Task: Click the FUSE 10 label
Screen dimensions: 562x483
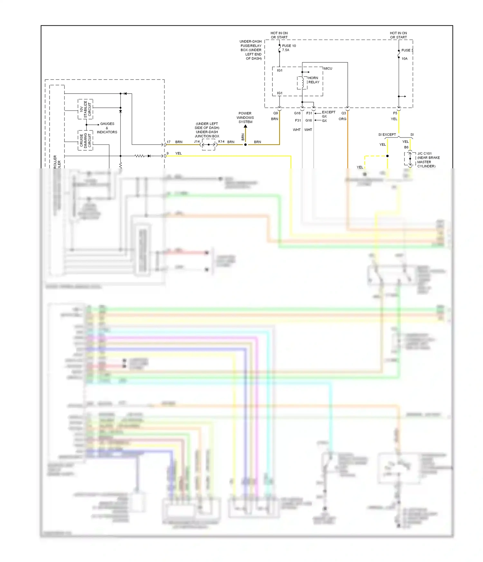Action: [x=289, y=46]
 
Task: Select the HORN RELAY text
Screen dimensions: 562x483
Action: [x=313, y=80]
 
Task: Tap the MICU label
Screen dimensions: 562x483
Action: [x=328, y=69]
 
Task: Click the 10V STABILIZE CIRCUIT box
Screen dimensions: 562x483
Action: [x=85, y=109]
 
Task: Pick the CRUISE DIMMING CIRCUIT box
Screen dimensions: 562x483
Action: [x=85, y=140]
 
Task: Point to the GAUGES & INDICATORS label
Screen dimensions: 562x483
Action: [x=107, y=128]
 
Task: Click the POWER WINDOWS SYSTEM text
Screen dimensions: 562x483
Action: [x=245, y=117]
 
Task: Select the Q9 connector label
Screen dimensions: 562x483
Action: [x=276, y=113]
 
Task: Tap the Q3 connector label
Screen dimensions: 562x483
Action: [x=344, y=113]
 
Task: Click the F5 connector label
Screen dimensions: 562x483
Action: [x=395, y=113]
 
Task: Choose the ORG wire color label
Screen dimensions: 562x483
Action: [x=342, y=119]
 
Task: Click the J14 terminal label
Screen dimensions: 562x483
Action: [x=197, y=142]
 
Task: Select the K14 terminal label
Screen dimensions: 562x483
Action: [x=221, y=142]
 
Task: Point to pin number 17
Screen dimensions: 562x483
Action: [x=168, y=142]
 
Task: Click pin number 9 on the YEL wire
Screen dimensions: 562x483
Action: [x=167, y=154]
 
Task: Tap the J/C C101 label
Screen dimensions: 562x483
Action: [x=424, y=154]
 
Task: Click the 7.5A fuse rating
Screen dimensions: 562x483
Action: [x=286, y=50]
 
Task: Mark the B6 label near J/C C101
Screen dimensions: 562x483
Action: [x=406, y=147]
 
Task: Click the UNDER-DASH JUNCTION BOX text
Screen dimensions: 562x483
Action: [x=207, y=134]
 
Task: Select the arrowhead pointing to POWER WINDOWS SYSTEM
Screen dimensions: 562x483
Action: [x=245, y=126]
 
